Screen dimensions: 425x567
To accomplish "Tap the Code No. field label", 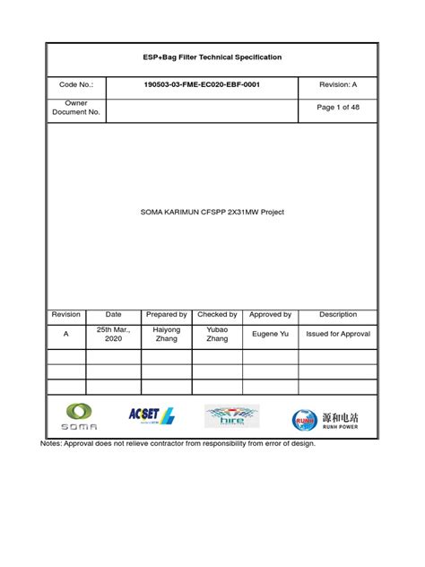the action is [75, 85].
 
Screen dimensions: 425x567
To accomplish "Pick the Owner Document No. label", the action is [75, 109].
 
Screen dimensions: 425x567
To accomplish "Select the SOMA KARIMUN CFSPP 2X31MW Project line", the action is [212, 213].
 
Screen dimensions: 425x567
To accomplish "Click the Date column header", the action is [113, 315].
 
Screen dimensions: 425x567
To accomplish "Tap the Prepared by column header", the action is [167, 315].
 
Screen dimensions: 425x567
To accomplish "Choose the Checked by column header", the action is [217, 315].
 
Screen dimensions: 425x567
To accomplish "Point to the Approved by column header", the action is [270, 315].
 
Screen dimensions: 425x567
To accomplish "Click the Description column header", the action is [338, 315].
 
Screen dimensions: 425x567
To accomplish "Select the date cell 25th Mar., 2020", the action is [113, 335].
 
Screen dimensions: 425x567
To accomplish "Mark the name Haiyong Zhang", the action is [167, 335].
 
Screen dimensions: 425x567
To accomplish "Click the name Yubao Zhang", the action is [217, 335].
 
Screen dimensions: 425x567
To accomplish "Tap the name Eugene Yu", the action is [270, 334].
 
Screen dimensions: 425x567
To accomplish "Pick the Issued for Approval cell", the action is [338, 334].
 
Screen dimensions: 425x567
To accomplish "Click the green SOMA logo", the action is [80, 417].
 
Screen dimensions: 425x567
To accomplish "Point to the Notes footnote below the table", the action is [178, 443].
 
